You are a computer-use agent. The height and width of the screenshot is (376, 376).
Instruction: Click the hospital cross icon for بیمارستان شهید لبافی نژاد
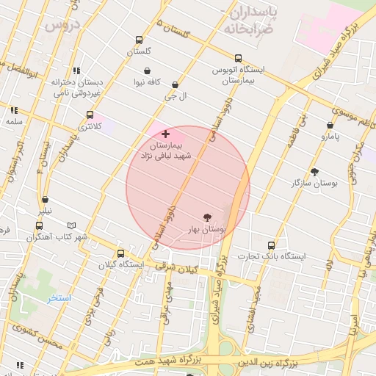point(165,134)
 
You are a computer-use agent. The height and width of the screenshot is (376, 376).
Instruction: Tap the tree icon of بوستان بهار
point(208,217)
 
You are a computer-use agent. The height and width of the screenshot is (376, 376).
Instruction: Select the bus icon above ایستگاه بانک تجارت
point(271,245)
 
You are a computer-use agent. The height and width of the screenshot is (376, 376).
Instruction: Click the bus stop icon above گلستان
point(139,40)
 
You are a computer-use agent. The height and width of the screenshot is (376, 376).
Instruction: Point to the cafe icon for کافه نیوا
point(148,70)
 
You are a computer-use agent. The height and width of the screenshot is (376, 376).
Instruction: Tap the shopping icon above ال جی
point(175,85)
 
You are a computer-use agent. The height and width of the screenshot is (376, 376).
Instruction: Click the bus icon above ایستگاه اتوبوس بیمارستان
point(238,58)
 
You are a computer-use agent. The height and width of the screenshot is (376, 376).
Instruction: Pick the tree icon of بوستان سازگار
point(315,172)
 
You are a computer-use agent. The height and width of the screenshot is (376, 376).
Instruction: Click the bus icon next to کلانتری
point(90,115)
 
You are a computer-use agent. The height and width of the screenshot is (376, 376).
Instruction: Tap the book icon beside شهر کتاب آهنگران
point(71,225)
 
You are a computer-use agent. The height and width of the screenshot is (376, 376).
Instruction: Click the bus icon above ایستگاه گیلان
point(112,252)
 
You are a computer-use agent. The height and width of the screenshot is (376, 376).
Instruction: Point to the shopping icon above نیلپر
point(46,199)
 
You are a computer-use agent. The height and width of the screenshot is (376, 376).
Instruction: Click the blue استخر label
point(59,298)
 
